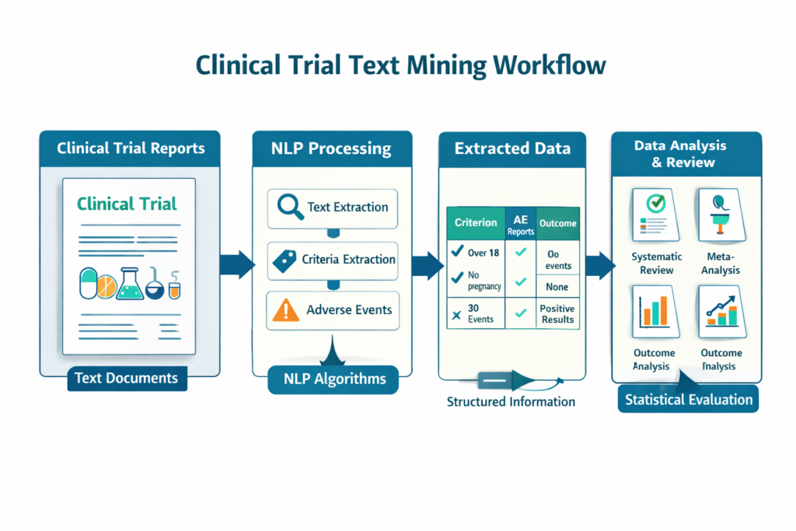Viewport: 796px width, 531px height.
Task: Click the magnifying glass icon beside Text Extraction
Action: pos(290,207)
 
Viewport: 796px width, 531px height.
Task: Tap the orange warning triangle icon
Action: pos(286,309)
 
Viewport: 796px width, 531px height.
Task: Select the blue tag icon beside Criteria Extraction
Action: pos(285,261)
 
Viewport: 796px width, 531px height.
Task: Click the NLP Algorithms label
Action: pos(333,379)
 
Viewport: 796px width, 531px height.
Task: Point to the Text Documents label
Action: pos(127,378)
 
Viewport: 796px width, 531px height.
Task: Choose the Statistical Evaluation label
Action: pos(689,399)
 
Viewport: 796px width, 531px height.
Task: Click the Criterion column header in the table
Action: pos(476,223)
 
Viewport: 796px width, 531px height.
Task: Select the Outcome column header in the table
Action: pos(558,223)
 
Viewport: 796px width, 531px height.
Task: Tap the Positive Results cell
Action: pos(557,314)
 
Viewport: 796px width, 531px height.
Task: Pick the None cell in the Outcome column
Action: pos(557,287)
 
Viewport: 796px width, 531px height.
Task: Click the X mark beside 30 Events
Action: pos(456,315)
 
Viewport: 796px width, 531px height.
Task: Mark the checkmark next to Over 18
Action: pos(457,251)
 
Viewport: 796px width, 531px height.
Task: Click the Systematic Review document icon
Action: pos(656,215)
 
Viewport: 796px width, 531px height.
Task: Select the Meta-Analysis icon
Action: pos(721,215)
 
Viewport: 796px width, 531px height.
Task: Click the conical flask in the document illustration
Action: pos(130,284)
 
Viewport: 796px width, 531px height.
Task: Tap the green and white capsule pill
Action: pos(89,283)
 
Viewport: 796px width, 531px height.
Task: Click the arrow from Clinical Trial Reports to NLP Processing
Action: pos(237,264)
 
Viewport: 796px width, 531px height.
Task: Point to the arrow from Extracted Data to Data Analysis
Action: pos(601,266)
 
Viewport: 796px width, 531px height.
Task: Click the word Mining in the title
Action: pos(446,65)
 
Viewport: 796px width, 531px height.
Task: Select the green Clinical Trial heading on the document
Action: pos(127,204)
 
